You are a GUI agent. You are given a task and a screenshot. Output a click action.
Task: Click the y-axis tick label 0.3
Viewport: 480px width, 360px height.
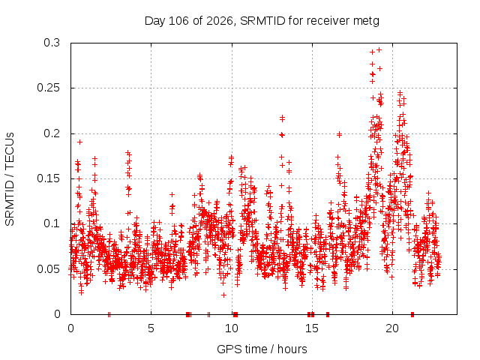tap(52, 43)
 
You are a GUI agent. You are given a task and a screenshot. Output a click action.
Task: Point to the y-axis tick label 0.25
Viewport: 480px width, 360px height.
tap(48, 88)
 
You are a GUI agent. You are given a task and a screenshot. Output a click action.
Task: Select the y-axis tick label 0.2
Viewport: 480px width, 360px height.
tap(52, 133)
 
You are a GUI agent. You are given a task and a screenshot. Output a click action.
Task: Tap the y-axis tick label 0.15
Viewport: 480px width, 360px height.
tap(48, 178)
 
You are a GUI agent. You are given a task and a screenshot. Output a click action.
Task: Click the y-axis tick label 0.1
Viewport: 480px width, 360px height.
tap(52, 223)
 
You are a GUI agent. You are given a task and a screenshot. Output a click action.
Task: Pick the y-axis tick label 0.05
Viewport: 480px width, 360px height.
tap(48, 269)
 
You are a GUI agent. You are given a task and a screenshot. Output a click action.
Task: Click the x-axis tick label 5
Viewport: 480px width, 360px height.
tap(151, 328)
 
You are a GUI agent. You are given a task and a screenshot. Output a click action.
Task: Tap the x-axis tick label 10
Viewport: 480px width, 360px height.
tap(232, 328)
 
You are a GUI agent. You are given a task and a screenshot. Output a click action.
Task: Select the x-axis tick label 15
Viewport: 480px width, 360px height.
tap(312, 328)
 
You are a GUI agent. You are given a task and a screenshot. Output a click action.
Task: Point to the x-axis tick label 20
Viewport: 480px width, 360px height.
tap(392, 328)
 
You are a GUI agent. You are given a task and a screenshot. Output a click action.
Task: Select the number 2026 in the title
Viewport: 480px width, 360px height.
tap(220, 21)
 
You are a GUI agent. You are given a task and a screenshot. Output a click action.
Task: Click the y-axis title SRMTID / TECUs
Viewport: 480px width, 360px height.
tap(10, 179)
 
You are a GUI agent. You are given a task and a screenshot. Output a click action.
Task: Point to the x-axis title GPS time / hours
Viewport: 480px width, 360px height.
tap(262, 349)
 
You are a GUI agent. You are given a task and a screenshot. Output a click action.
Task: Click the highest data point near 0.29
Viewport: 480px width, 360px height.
tap(379, 49)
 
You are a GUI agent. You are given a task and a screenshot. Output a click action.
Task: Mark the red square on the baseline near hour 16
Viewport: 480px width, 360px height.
tap(328, 314)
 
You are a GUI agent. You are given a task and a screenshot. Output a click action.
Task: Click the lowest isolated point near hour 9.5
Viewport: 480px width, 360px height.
tap(223, 295)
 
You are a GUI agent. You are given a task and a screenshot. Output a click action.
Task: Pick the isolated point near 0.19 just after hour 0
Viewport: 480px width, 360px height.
tap(79, 142)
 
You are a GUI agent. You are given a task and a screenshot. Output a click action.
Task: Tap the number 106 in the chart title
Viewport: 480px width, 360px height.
tap(179, 21)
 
